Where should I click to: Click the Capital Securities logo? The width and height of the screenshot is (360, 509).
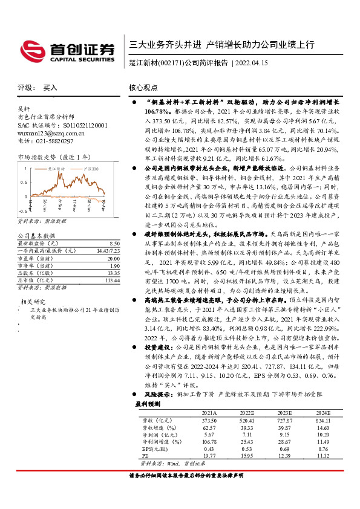67,50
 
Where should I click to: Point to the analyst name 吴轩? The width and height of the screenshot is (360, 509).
24,109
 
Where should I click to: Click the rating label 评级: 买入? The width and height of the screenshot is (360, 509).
38,88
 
